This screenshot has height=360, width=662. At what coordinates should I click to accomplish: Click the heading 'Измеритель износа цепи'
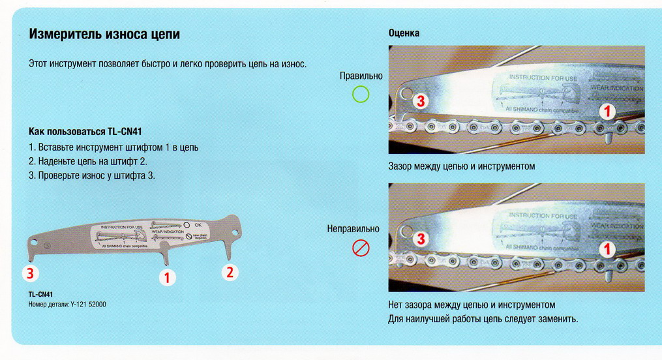pyautogui.click(x=104, y=35)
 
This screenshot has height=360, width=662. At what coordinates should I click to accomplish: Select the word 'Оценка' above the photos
pyautogui.click(x=404, y=33)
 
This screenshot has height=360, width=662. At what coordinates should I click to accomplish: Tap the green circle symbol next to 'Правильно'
pyautogui.click(x=361, y=95)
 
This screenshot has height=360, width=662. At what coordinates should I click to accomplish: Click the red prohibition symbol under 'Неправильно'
pyautogui.click(x=361, y=248)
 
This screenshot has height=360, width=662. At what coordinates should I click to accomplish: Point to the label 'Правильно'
pyautogui.click(x=361, y=76)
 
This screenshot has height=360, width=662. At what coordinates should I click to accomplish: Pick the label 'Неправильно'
pyautogui.click(x=353, y=229)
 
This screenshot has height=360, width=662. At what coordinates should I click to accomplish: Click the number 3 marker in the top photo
pyautogui.click(x=421, y=101)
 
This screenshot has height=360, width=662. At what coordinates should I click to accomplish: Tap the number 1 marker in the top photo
pyautogui.click(x=607, y=112)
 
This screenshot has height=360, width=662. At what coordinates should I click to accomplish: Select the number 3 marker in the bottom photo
pyautogui.click(x=421, y=239)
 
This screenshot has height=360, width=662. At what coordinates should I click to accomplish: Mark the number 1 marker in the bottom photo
pyautogui.click(x=607, y=248)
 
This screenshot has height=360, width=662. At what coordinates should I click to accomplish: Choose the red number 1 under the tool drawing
pyautogui.click(x=167, y=278)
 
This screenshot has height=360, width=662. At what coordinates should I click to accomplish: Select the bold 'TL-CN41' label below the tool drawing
pyautogui.click(x=40, y=294)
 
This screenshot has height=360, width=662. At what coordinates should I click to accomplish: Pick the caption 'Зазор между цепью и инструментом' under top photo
pyautogui.click(x=461, y=166)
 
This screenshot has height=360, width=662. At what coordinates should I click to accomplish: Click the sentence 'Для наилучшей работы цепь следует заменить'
pyautogui.click(x=483, y=319)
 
